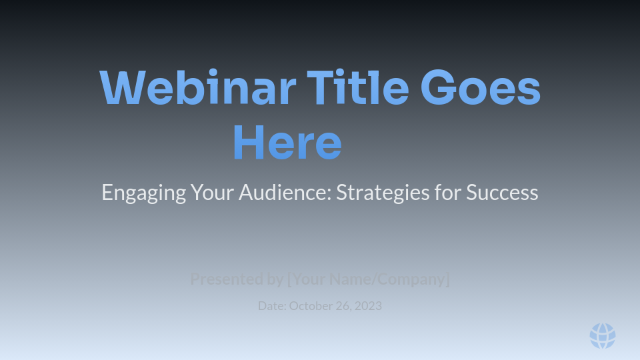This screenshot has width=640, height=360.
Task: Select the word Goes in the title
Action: click(480, 88)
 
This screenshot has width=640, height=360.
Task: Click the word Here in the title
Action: click(287, 143)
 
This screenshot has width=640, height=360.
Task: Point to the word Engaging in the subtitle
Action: click(143, 193)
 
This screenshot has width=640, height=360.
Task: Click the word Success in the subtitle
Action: click(502, 193)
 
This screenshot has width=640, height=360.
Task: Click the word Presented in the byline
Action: click(227, 279)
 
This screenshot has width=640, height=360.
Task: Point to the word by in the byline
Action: click(275, 279)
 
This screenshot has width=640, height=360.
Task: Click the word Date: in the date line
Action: click(272, 306)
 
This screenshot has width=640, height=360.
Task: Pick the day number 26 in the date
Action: click(344, 306)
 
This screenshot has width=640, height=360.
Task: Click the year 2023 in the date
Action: click(369, 306)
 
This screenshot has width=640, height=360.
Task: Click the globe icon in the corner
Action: click(603, 336)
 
